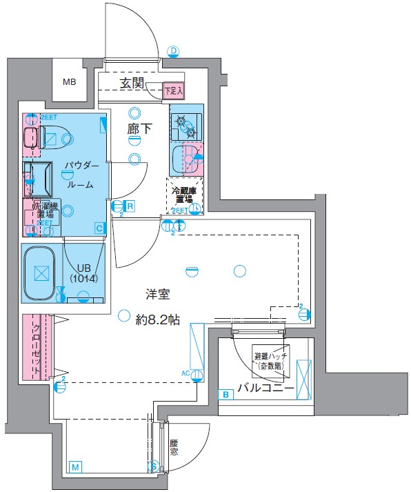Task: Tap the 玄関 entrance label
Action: pos(132,83)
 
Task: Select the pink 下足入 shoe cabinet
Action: pos(173,90)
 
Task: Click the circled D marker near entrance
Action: pos(173,51)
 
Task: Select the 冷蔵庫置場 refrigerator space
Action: pos(184,195)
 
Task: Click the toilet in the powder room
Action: pos(33,137)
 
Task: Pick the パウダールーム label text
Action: pos(81,176)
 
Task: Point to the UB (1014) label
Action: pos(84,272)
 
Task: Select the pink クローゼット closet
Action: pos(33,347)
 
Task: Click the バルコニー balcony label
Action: pos(266,389)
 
